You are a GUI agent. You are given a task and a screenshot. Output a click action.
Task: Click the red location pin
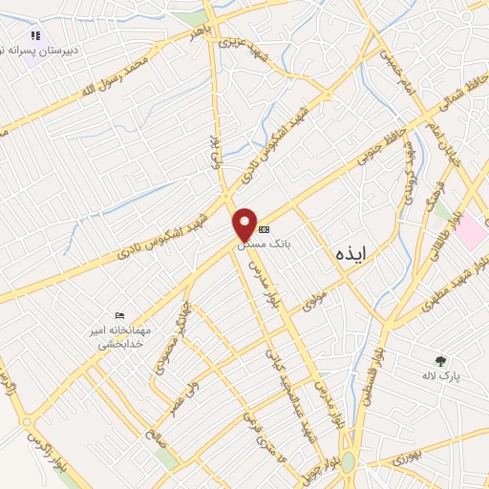click(245, 223)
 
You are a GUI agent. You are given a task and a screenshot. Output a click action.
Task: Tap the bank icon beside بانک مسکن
click(265, 229)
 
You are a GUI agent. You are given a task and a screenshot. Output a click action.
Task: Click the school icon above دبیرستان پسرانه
click(35, 36)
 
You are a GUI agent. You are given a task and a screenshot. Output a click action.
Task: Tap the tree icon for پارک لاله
click(440, 361)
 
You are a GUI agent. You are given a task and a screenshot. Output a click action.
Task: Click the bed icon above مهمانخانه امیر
click(119, 315)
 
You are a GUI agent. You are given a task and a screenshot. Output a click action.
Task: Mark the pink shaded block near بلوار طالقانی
click(471, 230)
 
